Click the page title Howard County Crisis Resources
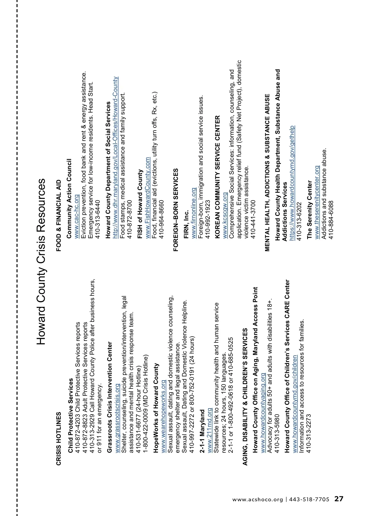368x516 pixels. [41, 261]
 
